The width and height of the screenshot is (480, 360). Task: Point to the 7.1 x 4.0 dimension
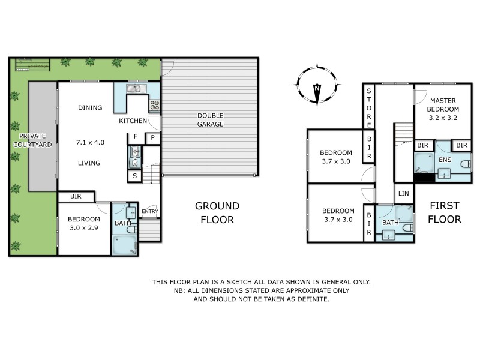click(x=91, y=143)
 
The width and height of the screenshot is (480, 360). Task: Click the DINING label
click(x=90, y=108)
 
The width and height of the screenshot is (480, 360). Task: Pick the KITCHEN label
click(x=133, y=121)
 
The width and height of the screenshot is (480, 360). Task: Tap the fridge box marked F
click(x=135, y=137)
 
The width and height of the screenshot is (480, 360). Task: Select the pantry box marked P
click(x=152, y=137)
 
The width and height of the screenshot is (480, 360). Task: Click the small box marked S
click(x=134, y=176)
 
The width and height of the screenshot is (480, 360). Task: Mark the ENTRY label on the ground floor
click(x=149, y=211)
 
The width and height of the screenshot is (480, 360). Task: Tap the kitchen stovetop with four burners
click(x=154, y=106)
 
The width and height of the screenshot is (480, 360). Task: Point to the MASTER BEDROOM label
click(x=443, y=105)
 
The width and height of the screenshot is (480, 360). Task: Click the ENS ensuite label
click(x=445, y=160)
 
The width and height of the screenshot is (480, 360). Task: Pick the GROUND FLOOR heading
click(x=217, y=212)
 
